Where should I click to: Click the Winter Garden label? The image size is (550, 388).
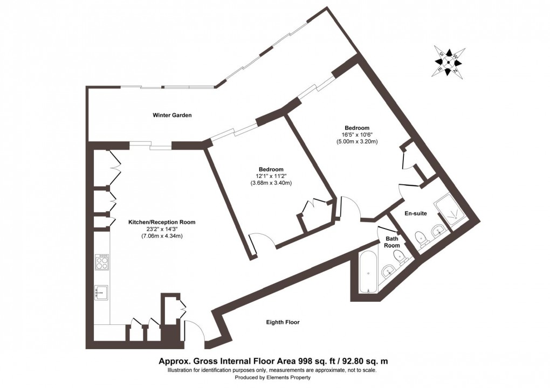(x=172, y=115)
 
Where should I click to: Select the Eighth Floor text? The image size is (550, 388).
(x=283, y=322)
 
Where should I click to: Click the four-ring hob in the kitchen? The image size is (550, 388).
(x=102, y=262)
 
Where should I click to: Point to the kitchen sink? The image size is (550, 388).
(x=101, y=292)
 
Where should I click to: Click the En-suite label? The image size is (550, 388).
(x=416, y=213)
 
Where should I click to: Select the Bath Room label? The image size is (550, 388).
(x=392, y=241)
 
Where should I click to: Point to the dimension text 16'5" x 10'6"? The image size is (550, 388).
(x=356, y=135)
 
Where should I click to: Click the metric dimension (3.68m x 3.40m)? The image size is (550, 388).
(x=271, y=183)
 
